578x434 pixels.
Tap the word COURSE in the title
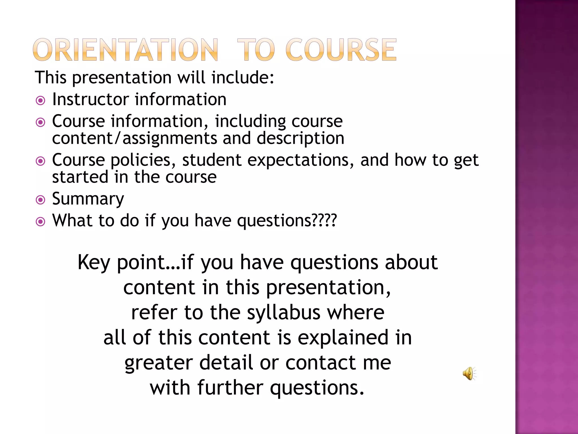click(341, 50)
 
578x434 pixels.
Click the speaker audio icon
click(469, 373)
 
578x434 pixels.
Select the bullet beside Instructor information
click(41, 101)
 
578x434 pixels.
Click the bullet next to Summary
click(41, 200)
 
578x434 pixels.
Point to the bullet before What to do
click(41, 222)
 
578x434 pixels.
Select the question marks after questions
click(325, 220)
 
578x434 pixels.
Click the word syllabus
click(284, 313)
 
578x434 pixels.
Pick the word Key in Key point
click(93, 262)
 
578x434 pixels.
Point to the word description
click(300, 138)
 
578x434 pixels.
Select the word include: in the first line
click(242, 77)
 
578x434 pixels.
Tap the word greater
click(159, 363)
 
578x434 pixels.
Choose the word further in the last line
click(230, 388)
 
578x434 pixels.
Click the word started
click(80, 177)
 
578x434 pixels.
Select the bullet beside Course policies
click(41, 161)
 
